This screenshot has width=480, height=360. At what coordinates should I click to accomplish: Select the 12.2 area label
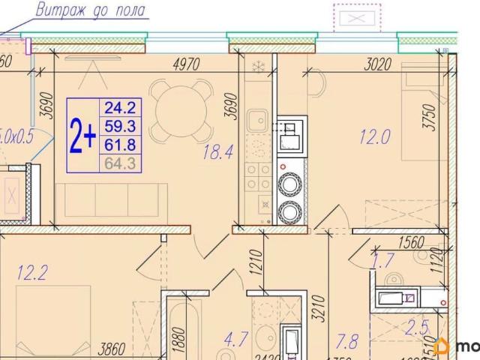click(31, 272)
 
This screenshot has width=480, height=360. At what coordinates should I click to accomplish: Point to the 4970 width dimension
click(184, 64)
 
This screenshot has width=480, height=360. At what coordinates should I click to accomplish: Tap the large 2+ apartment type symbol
click(82, 136)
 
